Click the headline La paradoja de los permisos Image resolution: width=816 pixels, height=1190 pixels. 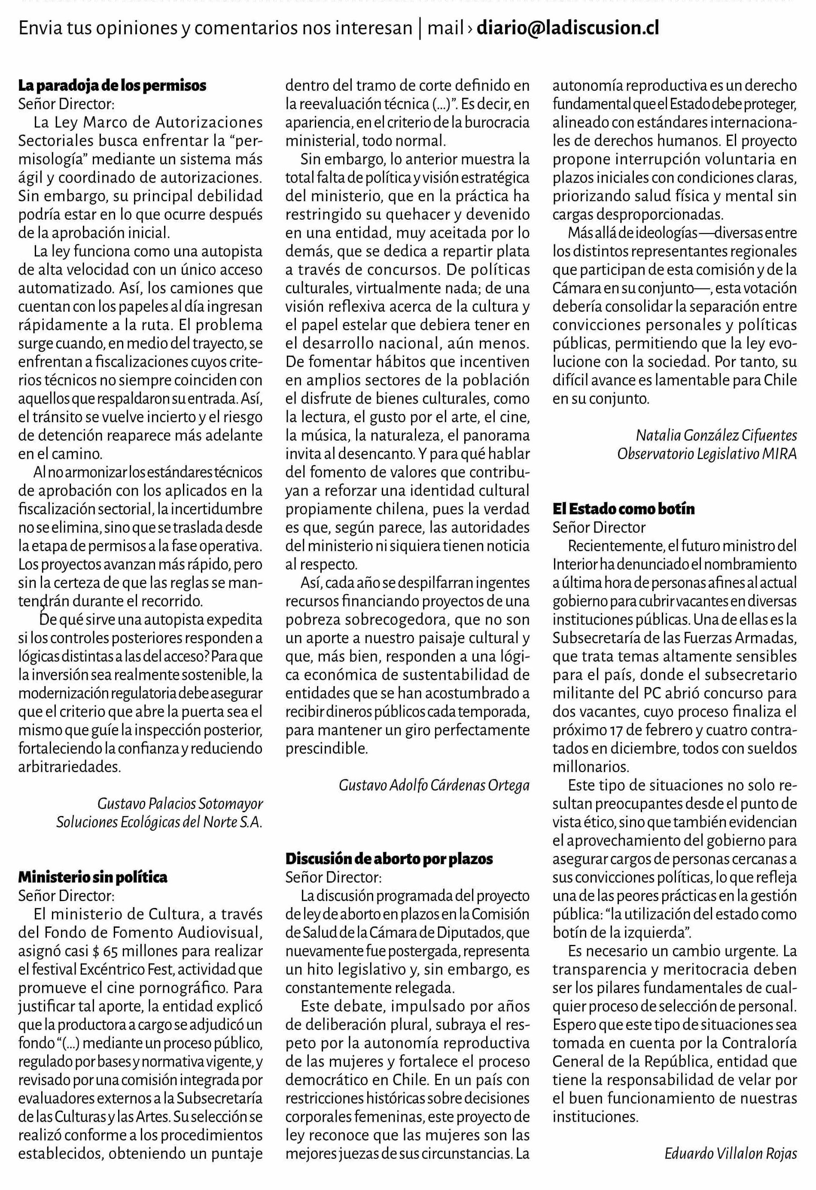[113, 85]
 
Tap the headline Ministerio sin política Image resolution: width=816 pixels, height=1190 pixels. [93, 877]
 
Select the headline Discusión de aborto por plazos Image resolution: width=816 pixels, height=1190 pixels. [389, 859]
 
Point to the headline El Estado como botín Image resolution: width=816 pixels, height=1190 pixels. [623, 509]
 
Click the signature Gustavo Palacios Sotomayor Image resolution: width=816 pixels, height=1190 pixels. [180, 804]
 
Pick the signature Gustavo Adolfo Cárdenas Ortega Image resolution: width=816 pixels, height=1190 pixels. [434, 785]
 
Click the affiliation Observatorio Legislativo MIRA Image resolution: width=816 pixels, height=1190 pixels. [707, 454]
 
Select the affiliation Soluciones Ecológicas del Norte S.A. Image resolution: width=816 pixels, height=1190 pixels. [159, 822]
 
